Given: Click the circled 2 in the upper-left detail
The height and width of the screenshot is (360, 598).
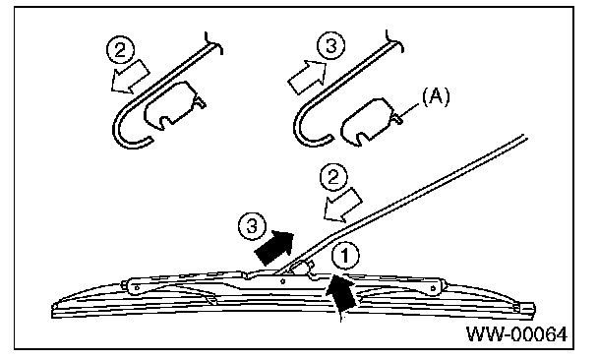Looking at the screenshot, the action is pos(120,49).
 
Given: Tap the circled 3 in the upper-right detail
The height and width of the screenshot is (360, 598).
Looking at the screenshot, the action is pos(331,45).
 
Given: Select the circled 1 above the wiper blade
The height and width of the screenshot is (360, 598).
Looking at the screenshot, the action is pos(345,256).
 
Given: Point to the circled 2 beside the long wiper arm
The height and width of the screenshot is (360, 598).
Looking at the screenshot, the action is pos(333,177).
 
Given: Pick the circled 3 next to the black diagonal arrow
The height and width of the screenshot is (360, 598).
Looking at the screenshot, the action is pos(252,226).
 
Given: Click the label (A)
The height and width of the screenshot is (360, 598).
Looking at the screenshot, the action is pos(436,96).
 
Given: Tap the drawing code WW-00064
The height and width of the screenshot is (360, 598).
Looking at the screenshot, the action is pos(516,334).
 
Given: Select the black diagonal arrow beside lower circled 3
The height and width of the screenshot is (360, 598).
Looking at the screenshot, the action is pos(274,248).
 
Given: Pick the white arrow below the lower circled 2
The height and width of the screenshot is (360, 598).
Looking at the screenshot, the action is pos(342,206).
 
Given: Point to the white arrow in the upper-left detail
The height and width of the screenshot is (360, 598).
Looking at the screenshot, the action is pos(130,77).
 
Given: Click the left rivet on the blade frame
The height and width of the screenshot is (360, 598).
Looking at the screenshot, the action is pos(137,288).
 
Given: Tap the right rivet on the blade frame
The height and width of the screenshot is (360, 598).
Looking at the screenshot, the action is pos(433,288).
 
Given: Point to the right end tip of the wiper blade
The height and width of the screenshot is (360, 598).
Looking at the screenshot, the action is pos(534,308).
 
